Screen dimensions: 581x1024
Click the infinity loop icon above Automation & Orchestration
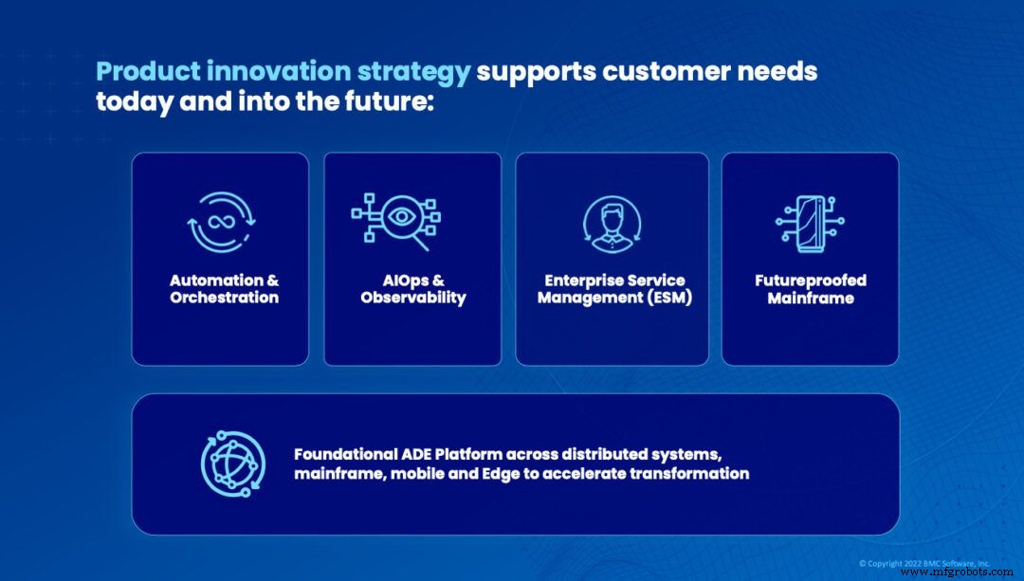(220, 222)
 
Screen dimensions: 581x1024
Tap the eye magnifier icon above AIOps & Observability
(396, 220)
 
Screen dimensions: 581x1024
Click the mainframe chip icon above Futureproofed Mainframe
(810, 224)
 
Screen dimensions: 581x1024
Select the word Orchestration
(224, 298)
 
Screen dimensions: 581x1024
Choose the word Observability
(413, 298)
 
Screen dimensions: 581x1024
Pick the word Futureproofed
(811, 281)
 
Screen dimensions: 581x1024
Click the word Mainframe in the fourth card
(811, 299)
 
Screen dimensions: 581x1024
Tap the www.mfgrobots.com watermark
(957, 572)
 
